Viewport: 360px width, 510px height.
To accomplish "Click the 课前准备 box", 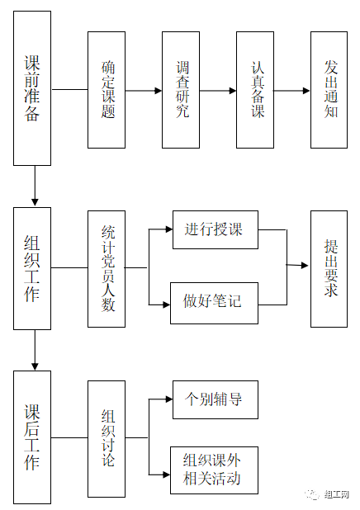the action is click(32, 88).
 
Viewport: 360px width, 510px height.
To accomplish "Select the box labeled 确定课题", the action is click(107, 90).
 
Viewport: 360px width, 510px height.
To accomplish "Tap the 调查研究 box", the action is click(181, 90).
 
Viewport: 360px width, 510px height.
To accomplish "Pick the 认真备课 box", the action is click(255, 90).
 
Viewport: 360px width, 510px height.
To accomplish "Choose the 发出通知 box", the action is click(329, 90).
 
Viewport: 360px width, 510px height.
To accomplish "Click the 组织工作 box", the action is click(32, 269).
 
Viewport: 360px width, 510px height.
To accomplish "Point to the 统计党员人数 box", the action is click(107, 269).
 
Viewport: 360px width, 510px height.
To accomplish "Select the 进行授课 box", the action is click(216, 229).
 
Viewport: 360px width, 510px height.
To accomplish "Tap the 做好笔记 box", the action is click(214, 303).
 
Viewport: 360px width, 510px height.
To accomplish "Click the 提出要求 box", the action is click(329, 269).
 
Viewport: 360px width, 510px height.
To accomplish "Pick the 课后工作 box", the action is click(32, 437).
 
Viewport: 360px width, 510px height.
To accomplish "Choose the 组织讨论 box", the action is click(107, 439).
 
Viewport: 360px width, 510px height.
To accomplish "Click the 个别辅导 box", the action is click(216, 399).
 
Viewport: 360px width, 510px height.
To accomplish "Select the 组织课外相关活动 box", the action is click(214, 470).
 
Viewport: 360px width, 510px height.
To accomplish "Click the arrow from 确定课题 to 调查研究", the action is click(144, 91).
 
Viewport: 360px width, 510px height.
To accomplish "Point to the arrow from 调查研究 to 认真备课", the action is click(218, 91).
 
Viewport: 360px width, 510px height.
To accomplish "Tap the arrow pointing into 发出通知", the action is click(291, 91).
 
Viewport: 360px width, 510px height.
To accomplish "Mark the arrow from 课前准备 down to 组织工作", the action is click(35, 186).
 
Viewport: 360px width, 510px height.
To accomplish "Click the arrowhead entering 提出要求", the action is click(305, 266).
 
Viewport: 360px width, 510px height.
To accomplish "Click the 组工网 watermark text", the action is click(337, 494).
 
